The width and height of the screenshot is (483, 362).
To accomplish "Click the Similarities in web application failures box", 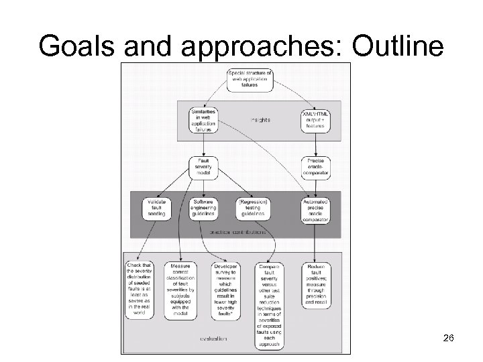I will [x=203, y=120].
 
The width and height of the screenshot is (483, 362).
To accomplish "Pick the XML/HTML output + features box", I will [x=315, y=120].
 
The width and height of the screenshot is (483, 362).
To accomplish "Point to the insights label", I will [x=261, y=120].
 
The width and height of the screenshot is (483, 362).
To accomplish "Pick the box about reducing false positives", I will [x=315, y=285].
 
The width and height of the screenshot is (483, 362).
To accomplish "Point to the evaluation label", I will [x=213, y=339].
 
